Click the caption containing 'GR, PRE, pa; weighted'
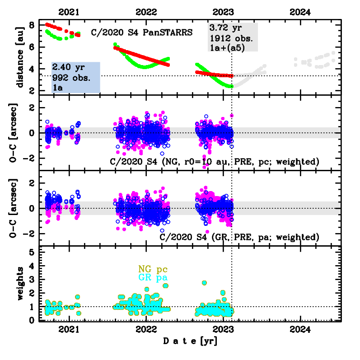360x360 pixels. click(240, 237)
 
